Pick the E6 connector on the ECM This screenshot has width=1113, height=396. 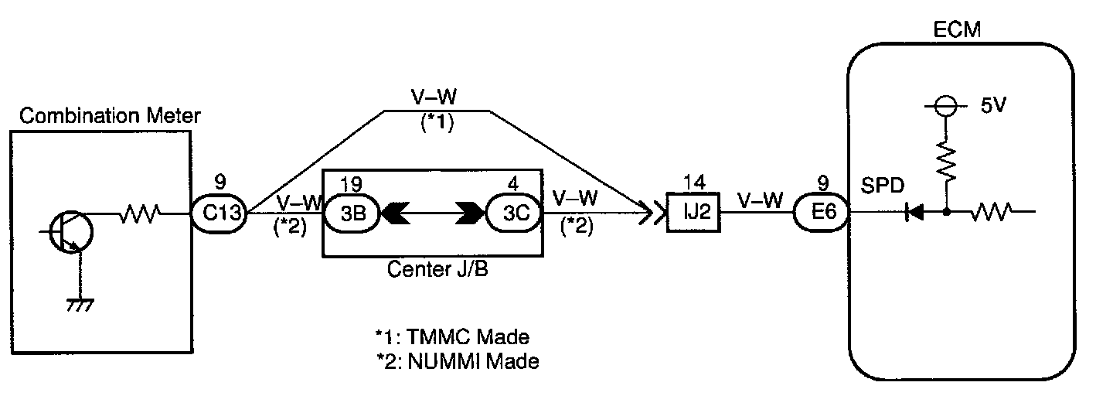[x=824, y=211]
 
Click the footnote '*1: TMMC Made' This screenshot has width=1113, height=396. [x=451, y=337]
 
